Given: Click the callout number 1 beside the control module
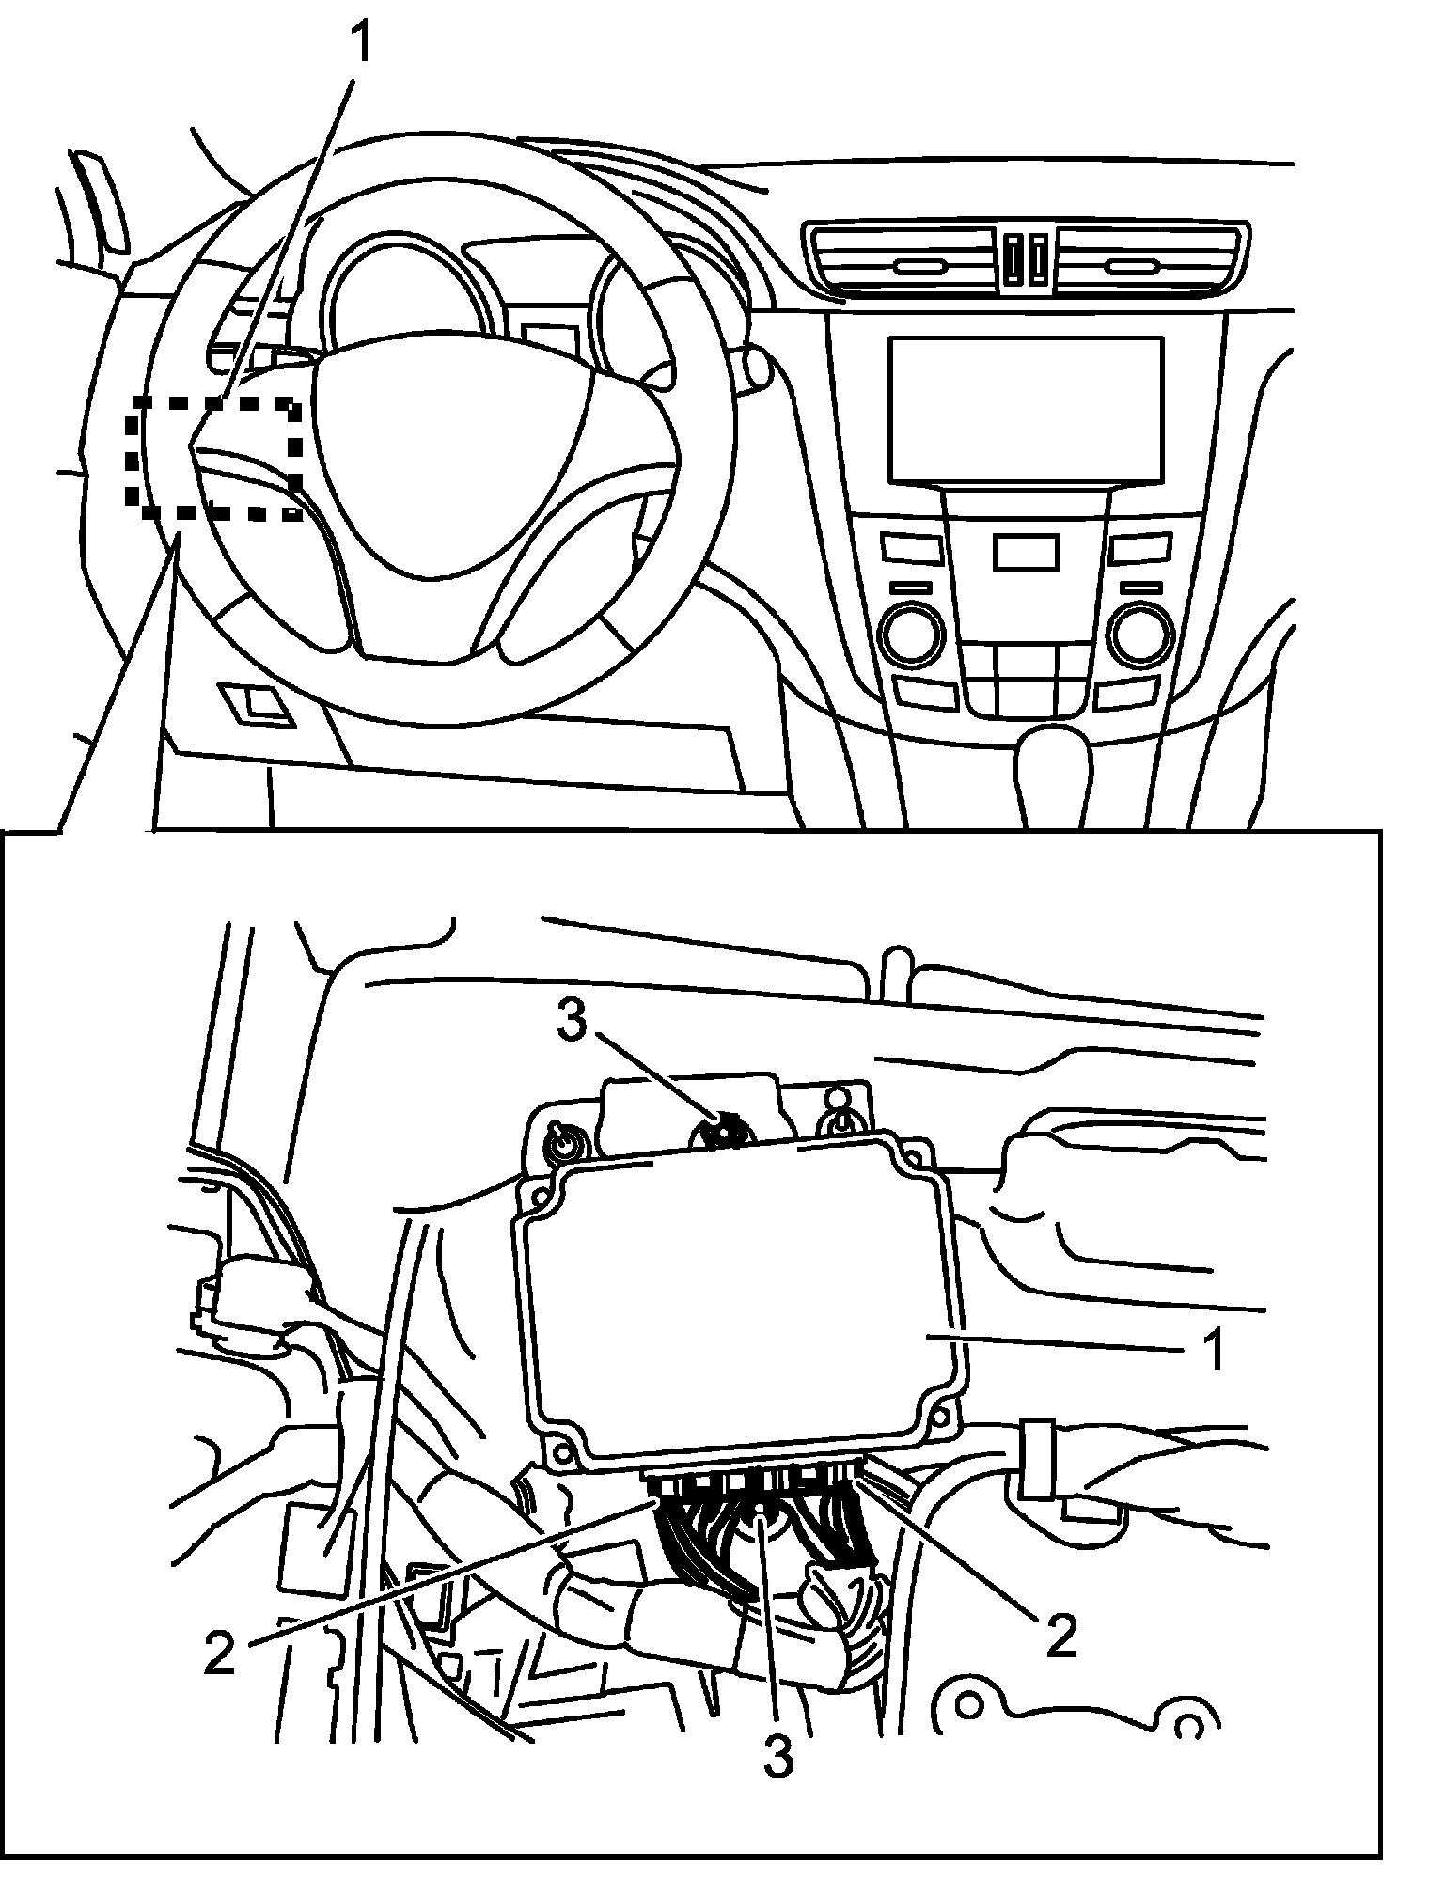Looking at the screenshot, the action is pyautogui.click(x=1214, y=1351).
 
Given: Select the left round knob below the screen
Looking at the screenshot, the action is pyautogui.click(x=910, y=636).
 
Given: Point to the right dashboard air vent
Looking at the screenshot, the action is pyautogui.click(x=1151, y=257).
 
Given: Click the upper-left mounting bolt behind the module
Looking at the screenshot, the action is pyautogui.click(x=563, y=1144).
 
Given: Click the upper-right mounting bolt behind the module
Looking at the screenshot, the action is pyautogui.click(x=838, y=1120).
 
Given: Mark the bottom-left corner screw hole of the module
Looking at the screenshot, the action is pyautogui.click(x=561, y=1454).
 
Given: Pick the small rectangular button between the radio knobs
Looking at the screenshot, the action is pyautogui.click(x=1026, y=552).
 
